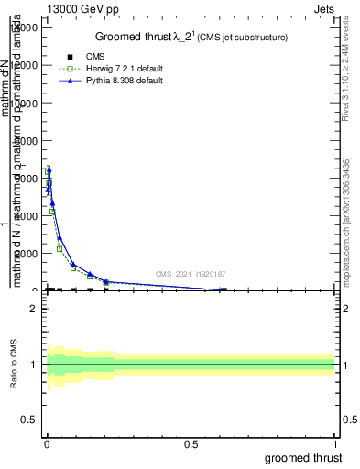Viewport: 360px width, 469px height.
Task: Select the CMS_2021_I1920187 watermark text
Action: point(190,274)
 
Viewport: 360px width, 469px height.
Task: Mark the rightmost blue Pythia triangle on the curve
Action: point(223,289)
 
